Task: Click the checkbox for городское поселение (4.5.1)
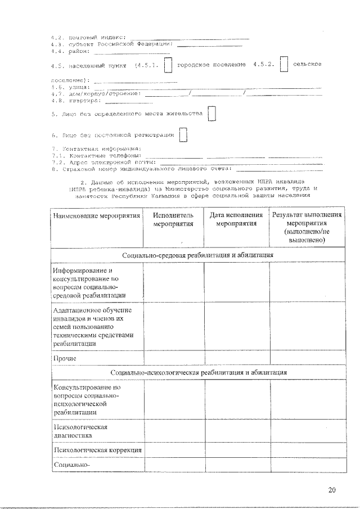pyautogui.click(x=168, y=65)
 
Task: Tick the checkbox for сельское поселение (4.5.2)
pyautogui.click(x=283, y=65)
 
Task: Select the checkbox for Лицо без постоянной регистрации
pyautogui.click(x=183, y=136)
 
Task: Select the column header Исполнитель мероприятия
pyautogui.click(x=173, y=219)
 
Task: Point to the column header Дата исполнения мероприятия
pyautogui.click(x=236, y=219)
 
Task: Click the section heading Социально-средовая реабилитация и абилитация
pyautogui.click(x=198, y=255)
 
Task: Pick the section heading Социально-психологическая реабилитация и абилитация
pyautogui.click(x=198, y=372)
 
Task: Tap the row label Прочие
pyautogui.click(x=65, y=358)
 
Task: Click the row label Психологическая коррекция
pyautogui.click(x=97, y=450)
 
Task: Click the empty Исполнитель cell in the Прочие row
pyautogui.click(x=173, y=358)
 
